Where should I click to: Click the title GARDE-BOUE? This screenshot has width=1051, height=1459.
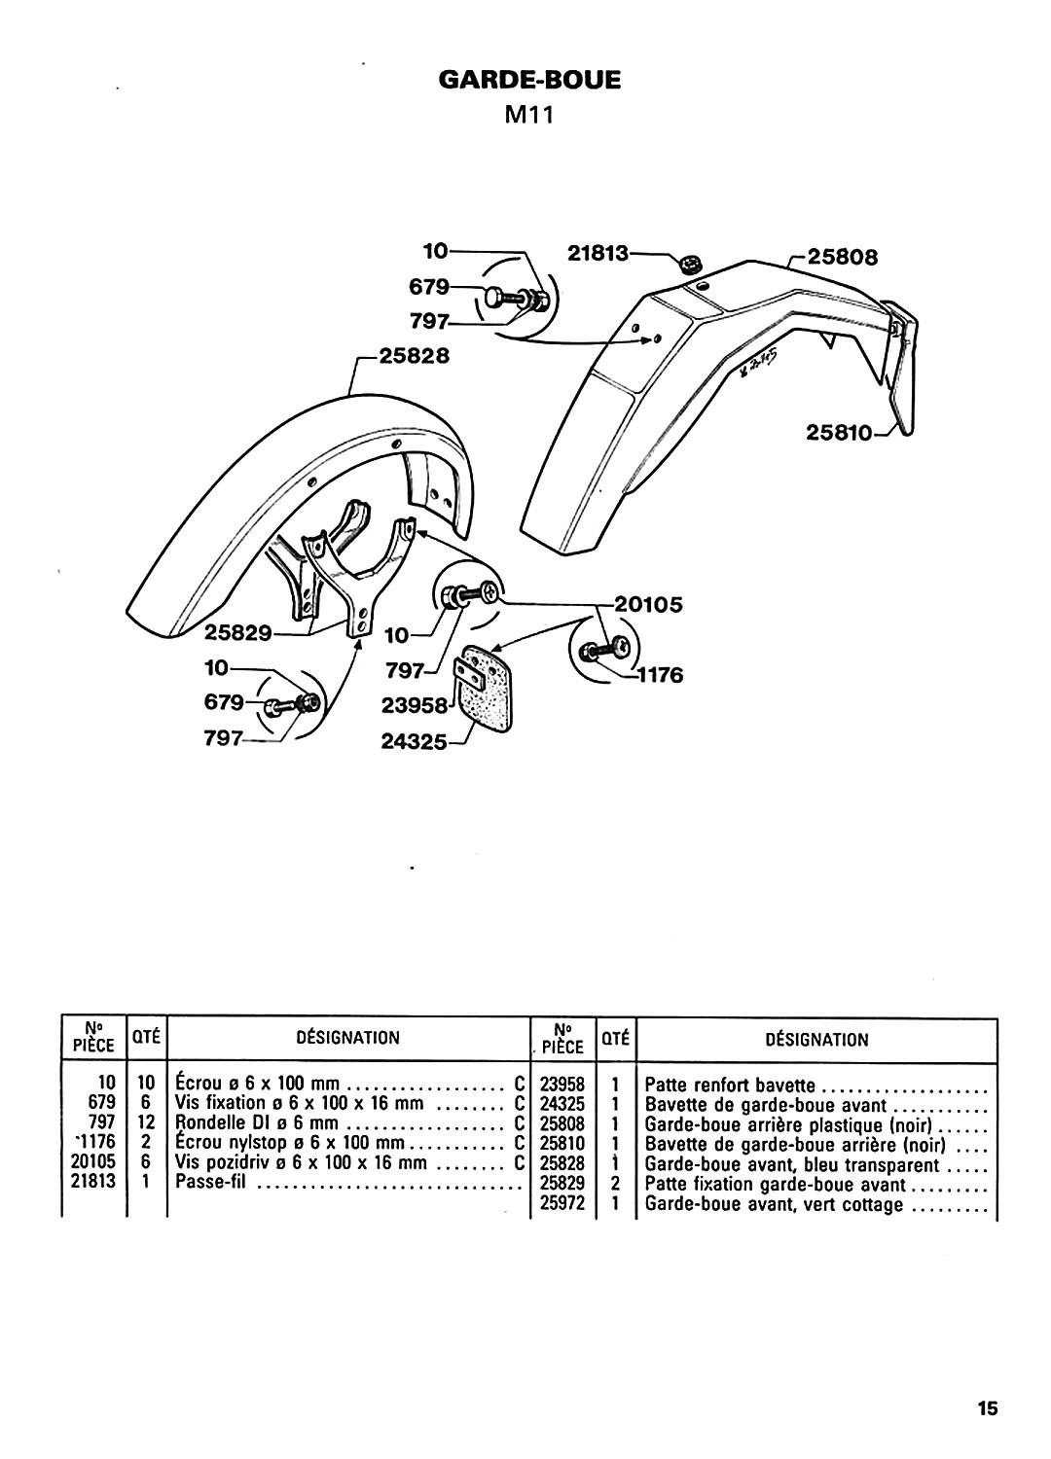[529, 79]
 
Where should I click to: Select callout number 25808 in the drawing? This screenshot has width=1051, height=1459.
[843, 258]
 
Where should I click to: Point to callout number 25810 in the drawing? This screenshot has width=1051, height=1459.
[840, 435]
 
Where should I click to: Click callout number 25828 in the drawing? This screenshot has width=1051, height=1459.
[415, 356]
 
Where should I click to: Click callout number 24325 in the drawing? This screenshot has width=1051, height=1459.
[414, 741]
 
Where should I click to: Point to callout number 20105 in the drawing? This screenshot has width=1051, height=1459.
[648, 604]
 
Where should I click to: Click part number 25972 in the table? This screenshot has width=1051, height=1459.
[562, 1205]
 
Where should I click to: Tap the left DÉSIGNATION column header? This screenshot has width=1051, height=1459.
[347, 1038]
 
